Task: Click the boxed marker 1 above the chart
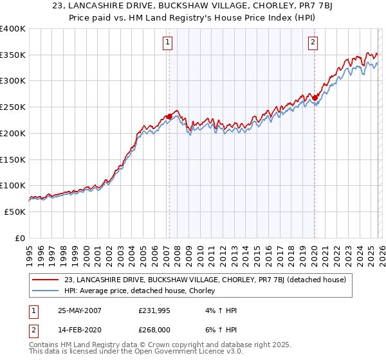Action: [x=167, y=43]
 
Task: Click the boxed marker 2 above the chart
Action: [x=313, y=43]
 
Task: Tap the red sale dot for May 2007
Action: [x=169, y=116]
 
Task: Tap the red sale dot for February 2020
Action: [x=315, y=98]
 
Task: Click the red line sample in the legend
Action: [x=46, y=280]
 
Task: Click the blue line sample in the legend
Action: [x=46, y=291]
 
